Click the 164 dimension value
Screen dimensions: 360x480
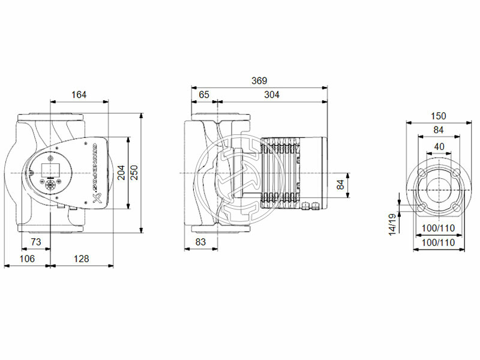(x=79, y=94)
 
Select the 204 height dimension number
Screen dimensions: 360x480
(x=121, y=173)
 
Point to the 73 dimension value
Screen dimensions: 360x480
(x=35, y=242)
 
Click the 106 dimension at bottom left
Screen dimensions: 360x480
(x=27, y=259)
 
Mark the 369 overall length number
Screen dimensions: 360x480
(x=259, y=80)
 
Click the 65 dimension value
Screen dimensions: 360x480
(x=204, y=94)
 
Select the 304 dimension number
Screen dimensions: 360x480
(x=271, y=94)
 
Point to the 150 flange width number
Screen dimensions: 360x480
(x=439, y=116)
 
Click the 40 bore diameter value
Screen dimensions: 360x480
(x=439, y=146)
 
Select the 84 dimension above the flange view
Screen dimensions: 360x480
(x=439, y=130)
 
